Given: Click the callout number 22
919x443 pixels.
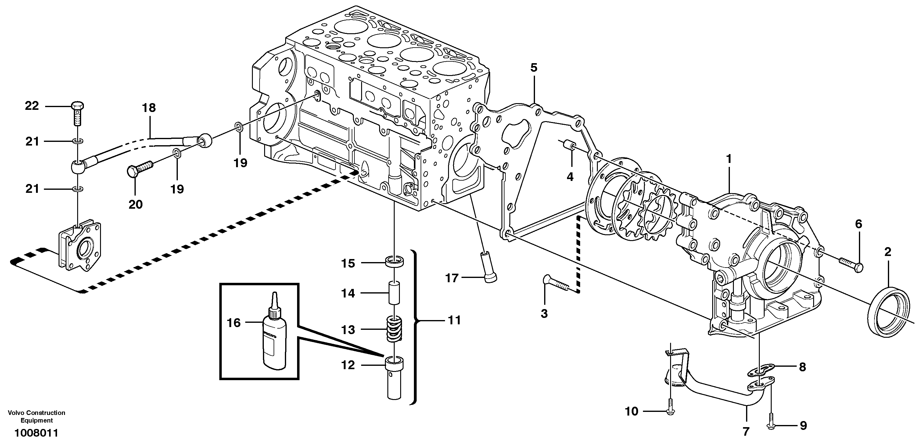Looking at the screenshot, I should [32, 106].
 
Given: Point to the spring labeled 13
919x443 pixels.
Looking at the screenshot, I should [395, 329].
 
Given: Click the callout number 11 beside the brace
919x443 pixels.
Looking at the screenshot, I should [454, 320].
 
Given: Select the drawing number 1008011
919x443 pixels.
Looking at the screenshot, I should [36, 433].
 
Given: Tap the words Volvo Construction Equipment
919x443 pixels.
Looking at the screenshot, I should [36, 416].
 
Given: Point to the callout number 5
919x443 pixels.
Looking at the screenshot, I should [534, 67].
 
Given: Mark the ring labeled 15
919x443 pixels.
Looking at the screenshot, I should [395, 261].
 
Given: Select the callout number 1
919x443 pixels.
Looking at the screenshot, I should [729, 159].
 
